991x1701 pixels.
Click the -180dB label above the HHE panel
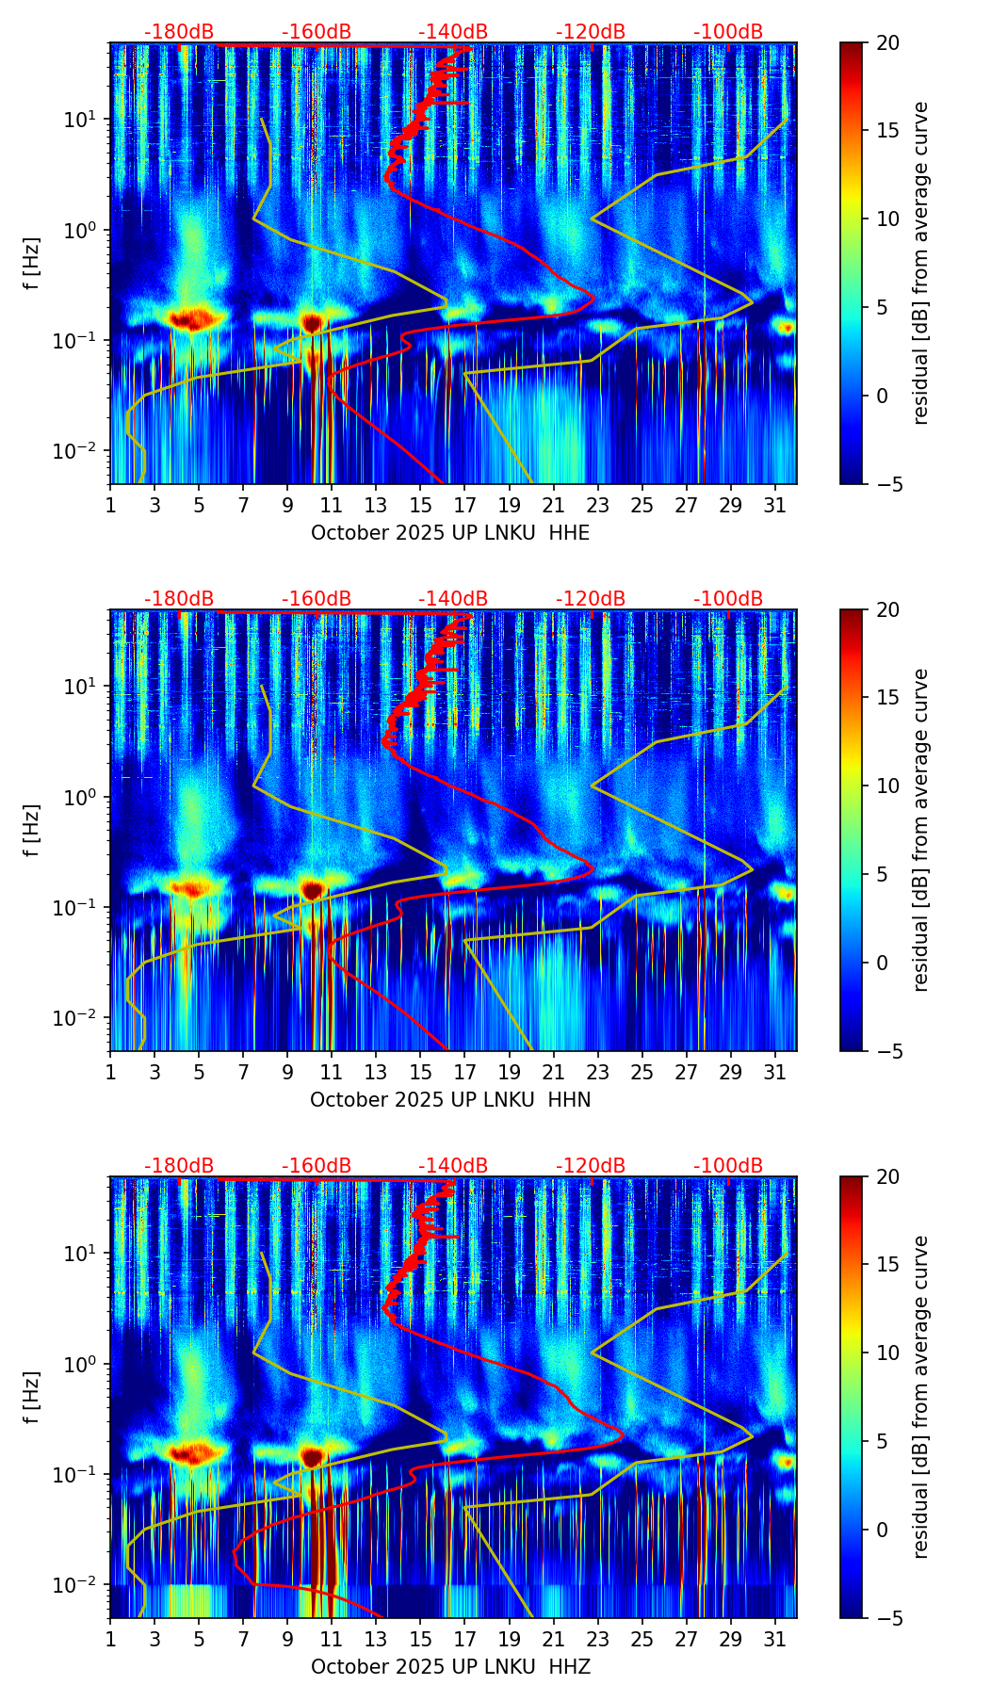(x=179, y=32)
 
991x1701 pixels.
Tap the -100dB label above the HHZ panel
(x=728, y=1166)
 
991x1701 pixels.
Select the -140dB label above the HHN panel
(x=453, y=599)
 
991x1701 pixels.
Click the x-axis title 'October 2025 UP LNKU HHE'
(x=450, y=533)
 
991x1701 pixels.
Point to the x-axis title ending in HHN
(x=450, y=1100)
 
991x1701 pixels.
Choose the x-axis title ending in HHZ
(x=450, y=1667)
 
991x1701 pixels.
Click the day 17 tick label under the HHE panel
(x=465, y=505)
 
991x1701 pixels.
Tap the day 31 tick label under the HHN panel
(x=775, y=1072)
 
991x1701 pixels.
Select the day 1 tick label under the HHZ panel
(x=111, y=1639)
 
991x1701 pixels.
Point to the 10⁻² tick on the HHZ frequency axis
(x=81, y=1585)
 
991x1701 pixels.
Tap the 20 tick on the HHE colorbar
(x=887, y=42)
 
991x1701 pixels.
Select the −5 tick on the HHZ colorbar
(x=885, y=1617)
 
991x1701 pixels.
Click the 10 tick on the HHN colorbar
(x=887, y=786)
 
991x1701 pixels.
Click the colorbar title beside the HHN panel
(x=921, y=829)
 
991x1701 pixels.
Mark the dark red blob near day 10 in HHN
(x=312, y=889)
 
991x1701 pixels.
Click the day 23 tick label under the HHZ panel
(x=598, y=1639)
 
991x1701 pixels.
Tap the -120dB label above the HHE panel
(x=591, y=32)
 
